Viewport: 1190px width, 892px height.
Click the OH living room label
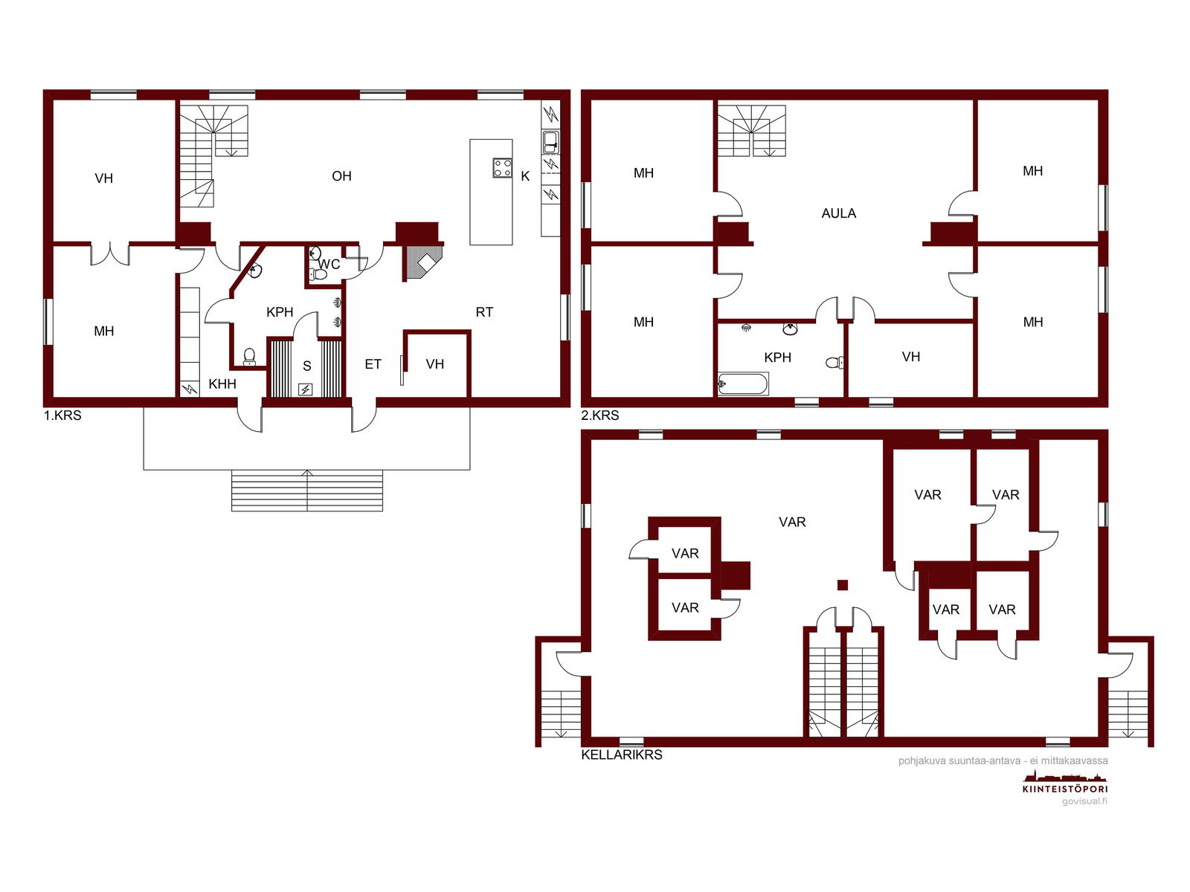click(341, 176)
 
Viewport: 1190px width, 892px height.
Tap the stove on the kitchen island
click(502, 168)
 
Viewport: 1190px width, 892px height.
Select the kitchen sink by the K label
click(550, 143)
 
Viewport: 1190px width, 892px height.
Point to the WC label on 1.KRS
click(329, 265)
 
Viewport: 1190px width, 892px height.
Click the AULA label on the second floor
click(838, 213)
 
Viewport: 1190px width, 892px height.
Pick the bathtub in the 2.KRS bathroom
click(743, 384)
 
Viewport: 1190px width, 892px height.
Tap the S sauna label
click(307, 366)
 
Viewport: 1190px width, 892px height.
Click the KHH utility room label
click(222, 384)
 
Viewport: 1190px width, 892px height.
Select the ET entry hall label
click(373, 364)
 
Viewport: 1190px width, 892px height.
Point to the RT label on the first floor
click(484, 312)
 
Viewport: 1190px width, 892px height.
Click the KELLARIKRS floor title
click(621, 754)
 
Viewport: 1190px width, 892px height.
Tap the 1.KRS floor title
click(62, 416)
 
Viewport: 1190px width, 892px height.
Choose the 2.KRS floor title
click(599, 416)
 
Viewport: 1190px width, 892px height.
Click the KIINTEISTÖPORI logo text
click(1065, 789)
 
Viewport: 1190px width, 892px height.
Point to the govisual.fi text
click(1084, 801)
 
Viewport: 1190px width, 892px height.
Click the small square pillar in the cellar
click(842, 585)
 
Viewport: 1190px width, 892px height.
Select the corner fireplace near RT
click(424, 262)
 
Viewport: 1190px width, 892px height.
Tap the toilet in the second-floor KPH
click(834, 362)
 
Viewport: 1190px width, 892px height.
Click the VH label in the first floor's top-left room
click(103, 178)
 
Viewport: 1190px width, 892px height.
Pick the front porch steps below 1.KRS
click(307, 491)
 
